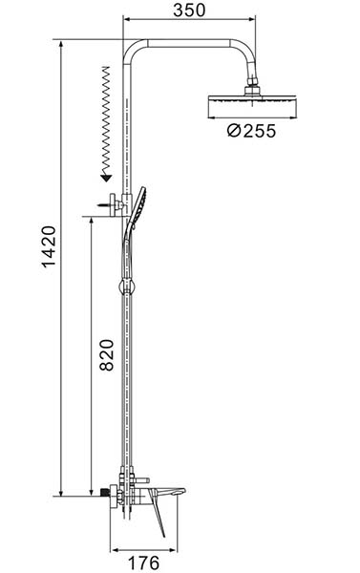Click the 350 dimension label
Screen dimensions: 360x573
coord(189,10)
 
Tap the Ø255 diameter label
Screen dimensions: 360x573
coord(251,131)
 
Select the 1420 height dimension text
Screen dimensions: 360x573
coord(49,246)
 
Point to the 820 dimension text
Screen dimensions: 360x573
coord(106,355)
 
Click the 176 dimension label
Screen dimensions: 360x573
coord(143,562)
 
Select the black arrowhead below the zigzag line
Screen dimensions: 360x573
coord(106,179)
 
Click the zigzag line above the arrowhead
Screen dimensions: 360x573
coord(105,120)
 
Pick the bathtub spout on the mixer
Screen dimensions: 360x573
coord(171,492)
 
